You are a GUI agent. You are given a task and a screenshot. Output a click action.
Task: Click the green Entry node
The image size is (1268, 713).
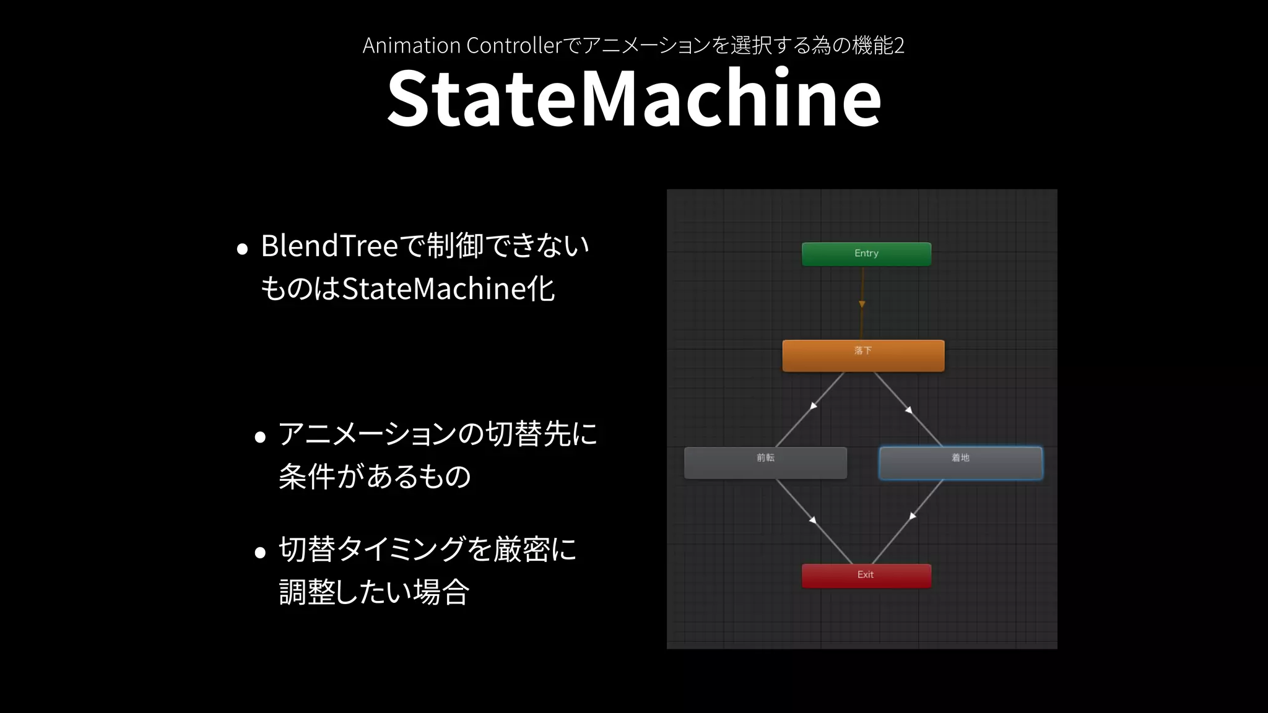(x=866, y=254)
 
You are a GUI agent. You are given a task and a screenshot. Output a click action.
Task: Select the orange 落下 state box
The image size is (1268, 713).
(x=863, y=356)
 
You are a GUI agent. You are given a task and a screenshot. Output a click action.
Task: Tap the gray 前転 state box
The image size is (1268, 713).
(x=765, y=463)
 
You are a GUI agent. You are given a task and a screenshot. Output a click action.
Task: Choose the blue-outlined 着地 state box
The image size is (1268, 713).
(x=960, y=463)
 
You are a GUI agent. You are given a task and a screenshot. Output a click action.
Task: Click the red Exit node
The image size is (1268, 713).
(x=866, y=576)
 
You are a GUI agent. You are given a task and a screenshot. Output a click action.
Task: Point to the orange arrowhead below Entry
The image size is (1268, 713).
(x=862, y=304)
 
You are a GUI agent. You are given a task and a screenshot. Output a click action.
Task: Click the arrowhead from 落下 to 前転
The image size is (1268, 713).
(x=814, y=406)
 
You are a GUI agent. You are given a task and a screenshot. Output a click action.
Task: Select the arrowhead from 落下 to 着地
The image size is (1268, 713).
(x=909, y=409)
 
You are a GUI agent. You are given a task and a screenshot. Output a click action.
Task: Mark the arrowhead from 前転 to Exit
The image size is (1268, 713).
(x=813, y=520)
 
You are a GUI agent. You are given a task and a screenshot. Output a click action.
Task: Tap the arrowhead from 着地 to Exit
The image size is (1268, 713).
(x=913, y=516)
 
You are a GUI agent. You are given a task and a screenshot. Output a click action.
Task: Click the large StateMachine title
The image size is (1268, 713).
(x=633, y=98)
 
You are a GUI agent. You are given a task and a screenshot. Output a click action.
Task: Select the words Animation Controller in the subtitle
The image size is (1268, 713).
(x=461, y=45)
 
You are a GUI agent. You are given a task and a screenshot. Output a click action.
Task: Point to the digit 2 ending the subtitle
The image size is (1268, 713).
(x=899, y=45)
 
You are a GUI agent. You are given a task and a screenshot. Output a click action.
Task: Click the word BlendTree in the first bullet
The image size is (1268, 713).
(x=329, y=246)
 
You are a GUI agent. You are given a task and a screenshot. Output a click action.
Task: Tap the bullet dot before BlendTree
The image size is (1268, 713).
(x=243, y=249)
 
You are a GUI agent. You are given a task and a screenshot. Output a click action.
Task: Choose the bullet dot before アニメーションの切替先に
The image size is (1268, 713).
(x=260, y=438)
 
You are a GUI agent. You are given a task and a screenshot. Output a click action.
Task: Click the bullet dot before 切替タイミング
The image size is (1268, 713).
(x=260, y=552)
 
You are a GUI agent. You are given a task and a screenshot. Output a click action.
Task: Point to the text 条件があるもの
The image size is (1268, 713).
(x=375, y=477)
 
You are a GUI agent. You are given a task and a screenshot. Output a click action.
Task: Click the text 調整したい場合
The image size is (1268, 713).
(x=374, y=592)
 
